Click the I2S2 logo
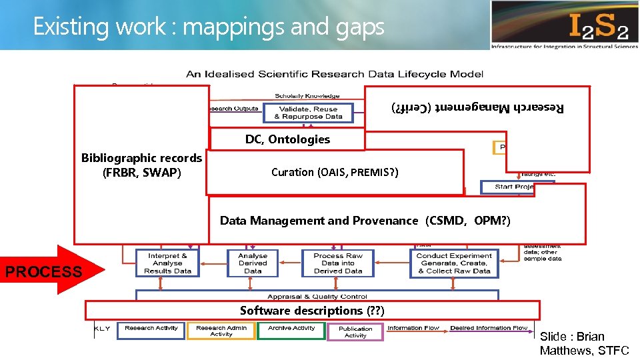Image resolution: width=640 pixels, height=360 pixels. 564,25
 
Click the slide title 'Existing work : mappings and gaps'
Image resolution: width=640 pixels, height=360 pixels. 209,27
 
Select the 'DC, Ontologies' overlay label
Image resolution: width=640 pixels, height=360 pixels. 287,139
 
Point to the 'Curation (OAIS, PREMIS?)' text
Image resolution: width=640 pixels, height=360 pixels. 335,172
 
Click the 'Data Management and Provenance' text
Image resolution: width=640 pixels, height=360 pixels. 365,221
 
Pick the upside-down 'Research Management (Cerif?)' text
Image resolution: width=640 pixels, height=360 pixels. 477,108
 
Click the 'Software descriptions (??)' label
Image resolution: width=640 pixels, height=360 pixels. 312,311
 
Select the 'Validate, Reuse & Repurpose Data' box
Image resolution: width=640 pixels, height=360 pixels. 308,113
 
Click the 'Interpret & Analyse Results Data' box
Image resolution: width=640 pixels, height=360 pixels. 167,263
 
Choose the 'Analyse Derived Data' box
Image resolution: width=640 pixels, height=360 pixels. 253,263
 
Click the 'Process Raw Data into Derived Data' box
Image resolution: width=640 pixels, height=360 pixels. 338,263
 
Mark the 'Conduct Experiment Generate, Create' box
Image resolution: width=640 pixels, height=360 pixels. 454,263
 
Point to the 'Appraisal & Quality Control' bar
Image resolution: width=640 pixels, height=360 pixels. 317,296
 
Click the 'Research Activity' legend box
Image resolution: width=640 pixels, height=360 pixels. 151,329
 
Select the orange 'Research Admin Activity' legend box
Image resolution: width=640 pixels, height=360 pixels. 221,331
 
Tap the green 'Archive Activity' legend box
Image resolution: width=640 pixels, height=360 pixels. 292,329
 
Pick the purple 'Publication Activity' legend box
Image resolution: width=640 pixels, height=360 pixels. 355,331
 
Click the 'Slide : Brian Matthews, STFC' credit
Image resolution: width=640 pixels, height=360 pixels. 584,343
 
